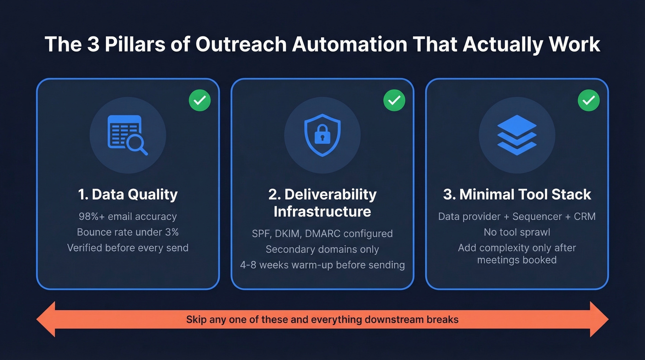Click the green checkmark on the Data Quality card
pos(199,100)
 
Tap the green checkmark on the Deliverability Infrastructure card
pos(394,100)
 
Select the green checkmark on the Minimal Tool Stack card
pos(588,100)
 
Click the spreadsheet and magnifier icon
pos(127,135)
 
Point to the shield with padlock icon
pos(322,135)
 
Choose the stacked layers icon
pos(517,135)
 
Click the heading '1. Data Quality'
pos(128,195)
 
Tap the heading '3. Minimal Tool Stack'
pos(517,195)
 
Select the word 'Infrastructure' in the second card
pos(322,212)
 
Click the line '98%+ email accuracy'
pos(128,217)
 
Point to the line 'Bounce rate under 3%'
pos(128,232)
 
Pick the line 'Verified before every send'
pos(128,248)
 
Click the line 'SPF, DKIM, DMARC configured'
pos(322,234)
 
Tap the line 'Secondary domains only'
pos(322,249)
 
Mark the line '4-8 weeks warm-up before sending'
pos(322,265)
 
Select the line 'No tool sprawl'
pos(517,232)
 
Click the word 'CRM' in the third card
pos(584,217)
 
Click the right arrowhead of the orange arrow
pos(598,319)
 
